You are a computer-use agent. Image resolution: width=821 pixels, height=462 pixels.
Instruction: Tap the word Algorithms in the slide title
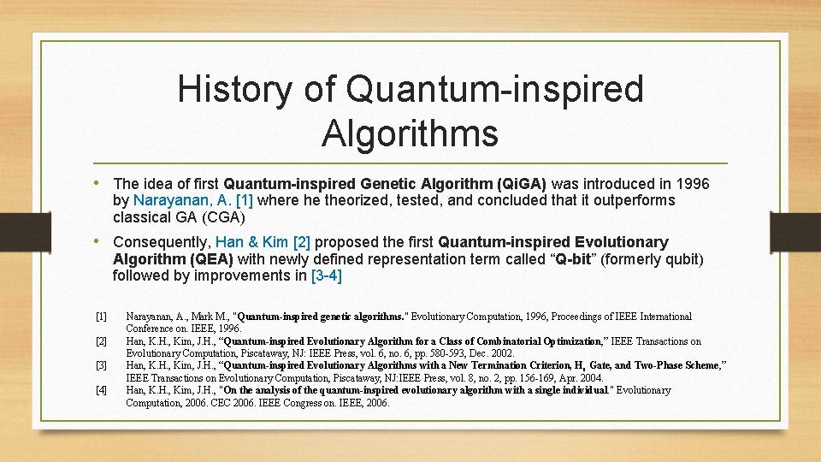click(x=410, y=133)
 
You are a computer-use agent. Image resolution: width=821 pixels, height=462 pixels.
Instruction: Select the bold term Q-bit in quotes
click(x=573, y=259)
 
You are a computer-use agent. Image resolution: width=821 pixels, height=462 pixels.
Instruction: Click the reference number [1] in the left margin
click(x=101, y=317)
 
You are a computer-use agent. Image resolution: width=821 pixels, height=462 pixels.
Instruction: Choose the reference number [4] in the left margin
click(x=101, y=390)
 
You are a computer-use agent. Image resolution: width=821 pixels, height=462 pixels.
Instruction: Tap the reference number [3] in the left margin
click(x=101, y=365)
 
